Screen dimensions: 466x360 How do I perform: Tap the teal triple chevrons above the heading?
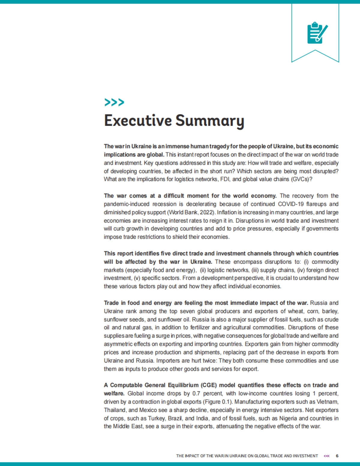tap(114, 102)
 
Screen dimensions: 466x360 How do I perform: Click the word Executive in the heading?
tap(138, 120)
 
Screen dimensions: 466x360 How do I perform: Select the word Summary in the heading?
tap(210, 121)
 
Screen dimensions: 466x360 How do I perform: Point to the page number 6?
tap(337, 456)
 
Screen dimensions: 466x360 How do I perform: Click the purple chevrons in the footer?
tap(327, 456)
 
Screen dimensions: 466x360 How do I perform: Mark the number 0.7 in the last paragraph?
tap(196, 393)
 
